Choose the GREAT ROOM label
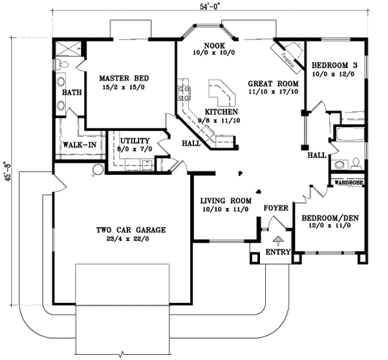pos(273,84)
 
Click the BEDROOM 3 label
pos(334,65)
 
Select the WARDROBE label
pos(349,184)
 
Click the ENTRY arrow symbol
pos(278,240)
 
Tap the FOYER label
pos(275,208)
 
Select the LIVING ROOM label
pos(224,200)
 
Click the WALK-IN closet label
pos(80,144)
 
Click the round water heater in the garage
pos(98,170)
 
